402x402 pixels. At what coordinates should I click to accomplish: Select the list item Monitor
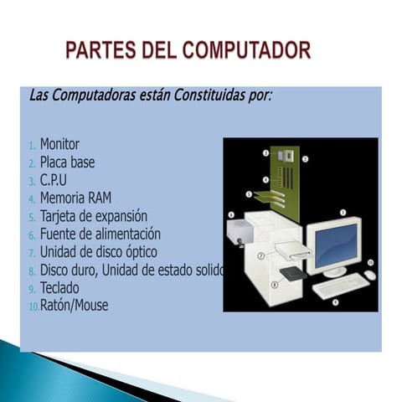59,144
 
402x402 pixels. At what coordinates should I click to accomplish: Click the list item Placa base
67,162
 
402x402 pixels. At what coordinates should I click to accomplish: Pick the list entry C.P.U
53,180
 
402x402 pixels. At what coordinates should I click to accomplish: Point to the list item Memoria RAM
75,198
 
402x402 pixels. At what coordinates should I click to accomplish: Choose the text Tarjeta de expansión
93,216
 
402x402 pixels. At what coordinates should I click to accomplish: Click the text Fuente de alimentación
100,234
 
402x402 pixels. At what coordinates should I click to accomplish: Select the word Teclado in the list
59,287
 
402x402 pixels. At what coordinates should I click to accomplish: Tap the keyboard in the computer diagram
338,286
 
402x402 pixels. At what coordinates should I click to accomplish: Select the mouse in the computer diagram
369,275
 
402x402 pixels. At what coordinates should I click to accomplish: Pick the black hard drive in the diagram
292,273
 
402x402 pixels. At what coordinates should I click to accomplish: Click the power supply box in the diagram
240,230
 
